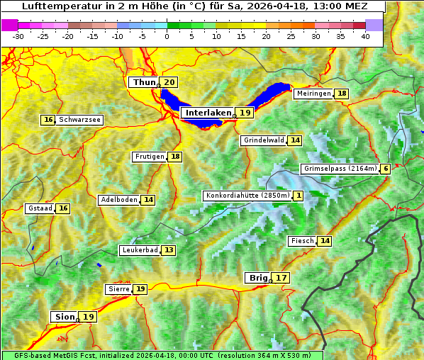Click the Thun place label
[x=144, y=83]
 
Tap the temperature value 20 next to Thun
[x=169, y=83]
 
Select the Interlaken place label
[x=208, y=113]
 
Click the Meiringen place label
[x=313, y=94]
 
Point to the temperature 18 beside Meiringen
[x=342, y=94]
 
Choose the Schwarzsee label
[x=79, y=120]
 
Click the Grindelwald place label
[x=264, y=140]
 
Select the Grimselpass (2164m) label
[x=340, y=169]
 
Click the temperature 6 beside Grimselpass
[x=385, y=169]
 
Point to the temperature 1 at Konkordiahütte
[x=299, y=196]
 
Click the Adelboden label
[x=118, y=200]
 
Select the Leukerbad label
[x=139, y=250]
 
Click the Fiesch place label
[x=302, y=241]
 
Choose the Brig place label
[x=257, y=278]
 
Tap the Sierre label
[x=118, y=289]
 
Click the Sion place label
[x=63, y=317]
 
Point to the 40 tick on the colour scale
[x=365, y=36]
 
